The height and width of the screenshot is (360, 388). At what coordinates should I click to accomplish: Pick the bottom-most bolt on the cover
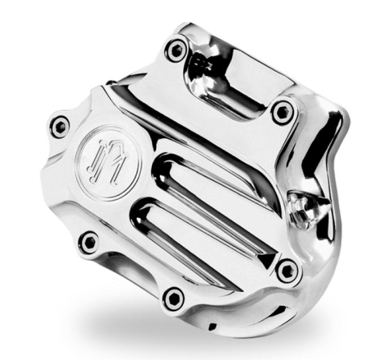point(175,296)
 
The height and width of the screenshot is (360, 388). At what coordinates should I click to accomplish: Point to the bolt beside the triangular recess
point(288,270)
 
